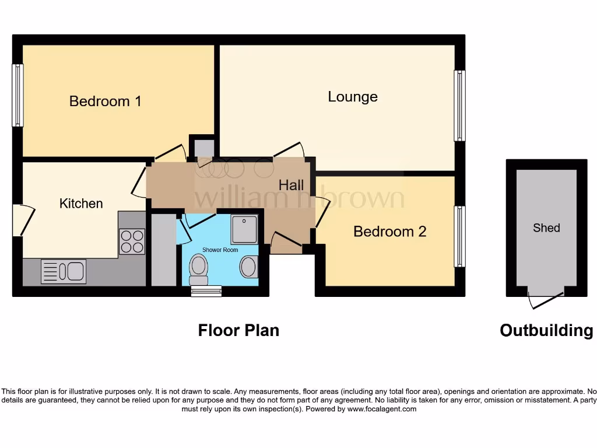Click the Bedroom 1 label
105,101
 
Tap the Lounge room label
352,97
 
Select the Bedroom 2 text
389,232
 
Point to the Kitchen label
81,204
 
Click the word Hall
291,185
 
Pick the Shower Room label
220,250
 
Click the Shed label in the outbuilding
546,228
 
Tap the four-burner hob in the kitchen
132,242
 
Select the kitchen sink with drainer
64,272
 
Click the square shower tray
244,229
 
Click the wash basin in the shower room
248,268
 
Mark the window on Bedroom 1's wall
17,95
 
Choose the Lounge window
460,106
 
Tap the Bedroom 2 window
460,236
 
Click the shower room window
206,290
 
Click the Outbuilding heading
546,331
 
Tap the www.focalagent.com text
382,409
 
